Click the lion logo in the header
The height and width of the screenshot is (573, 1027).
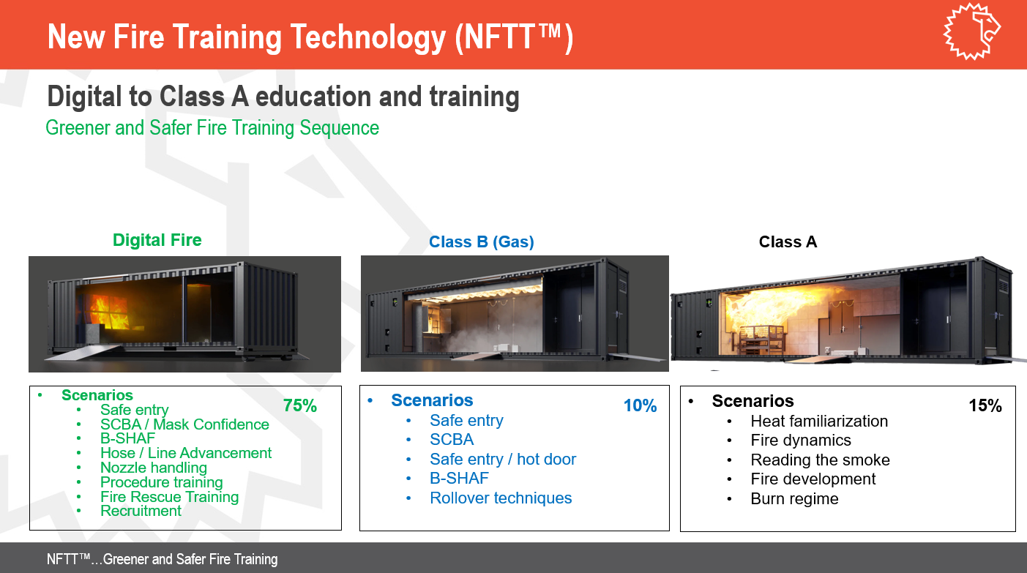[x=971, y=31]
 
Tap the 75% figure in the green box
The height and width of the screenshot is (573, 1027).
[x=300, y=405]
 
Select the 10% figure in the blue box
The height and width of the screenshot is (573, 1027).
[x=640, y=405]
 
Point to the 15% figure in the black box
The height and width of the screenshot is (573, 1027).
[x=985, y=405]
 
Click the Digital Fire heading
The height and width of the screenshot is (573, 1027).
[x=157, y=240]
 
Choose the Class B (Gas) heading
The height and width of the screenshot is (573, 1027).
[x=482, y=241]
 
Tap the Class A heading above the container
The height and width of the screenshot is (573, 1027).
[x=788, y=241]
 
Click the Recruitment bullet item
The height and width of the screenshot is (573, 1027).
[x=141, y=511]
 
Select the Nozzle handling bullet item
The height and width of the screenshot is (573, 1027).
[x=154, y=468]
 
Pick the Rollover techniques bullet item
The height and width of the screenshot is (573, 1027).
[x=501, y=498]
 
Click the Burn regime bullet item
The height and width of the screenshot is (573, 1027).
[x=794, y=499]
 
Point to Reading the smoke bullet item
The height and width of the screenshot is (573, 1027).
[x=821, y=460]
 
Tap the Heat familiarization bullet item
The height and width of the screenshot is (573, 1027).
[x=819, y=421]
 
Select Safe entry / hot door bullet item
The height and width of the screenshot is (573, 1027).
[x=503, y=459]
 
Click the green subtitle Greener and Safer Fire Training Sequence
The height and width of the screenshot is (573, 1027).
[x=212, y=128]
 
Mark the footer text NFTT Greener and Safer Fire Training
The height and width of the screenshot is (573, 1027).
[x=163, y=559]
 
